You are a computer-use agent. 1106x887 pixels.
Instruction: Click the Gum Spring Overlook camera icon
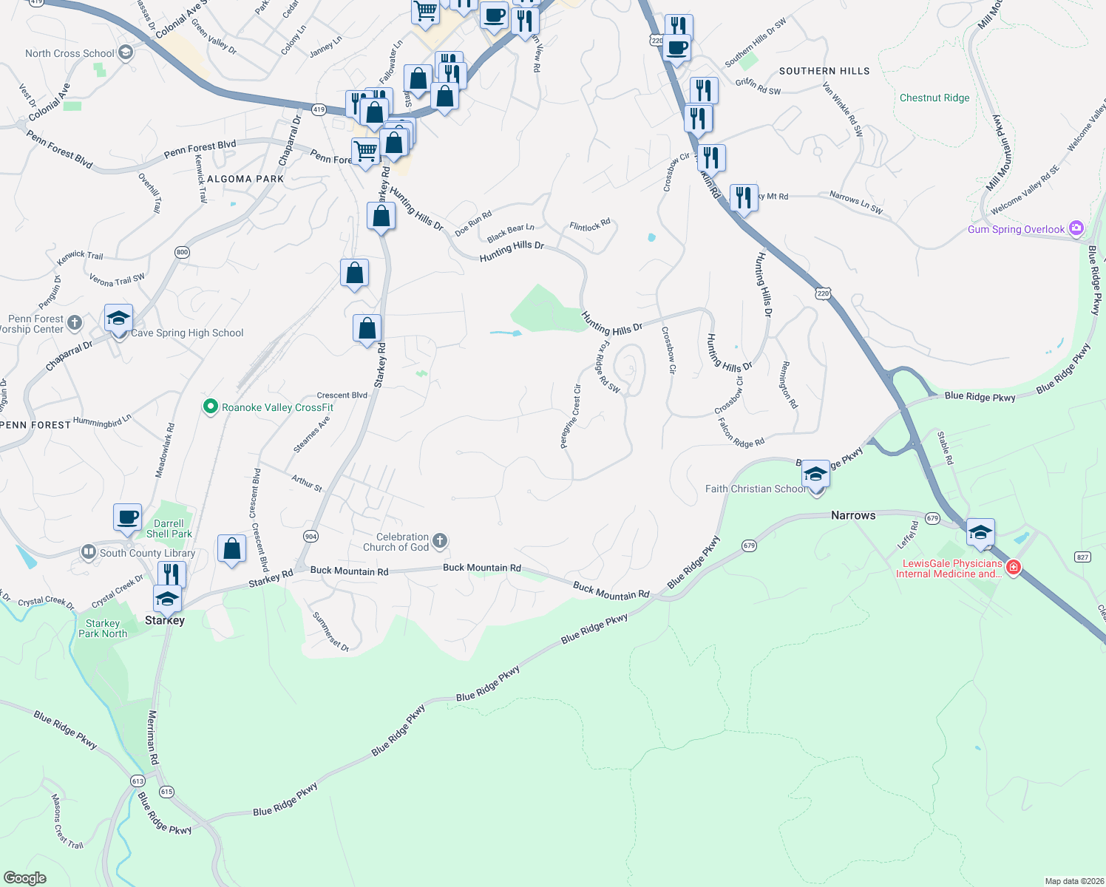point(1076,228)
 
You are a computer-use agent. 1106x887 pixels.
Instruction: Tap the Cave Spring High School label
point(187,333)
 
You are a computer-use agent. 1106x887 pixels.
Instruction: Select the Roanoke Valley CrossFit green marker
point(211,407)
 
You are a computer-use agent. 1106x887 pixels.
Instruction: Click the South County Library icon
point(89,552)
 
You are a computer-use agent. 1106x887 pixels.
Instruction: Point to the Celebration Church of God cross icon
point(440,541)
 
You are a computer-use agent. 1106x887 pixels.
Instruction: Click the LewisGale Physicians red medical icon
point(1014,568)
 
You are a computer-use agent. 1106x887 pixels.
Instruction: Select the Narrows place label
point(853,515)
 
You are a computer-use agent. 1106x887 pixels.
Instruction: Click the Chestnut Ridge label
point(934,98)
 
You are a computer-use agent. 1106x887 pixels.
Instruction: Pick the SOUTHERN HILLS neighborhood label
point(824,71)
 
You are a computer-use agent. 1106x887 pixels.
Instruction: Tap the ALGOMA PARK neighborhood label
point(245,179)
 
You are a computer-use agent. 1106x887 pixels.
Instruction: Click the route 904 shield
point(311,536)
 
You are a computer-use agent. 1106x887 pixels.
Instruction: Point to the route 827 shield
point(1083,557)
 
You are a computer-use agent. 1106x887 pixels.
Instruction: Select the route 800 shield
point(183,252)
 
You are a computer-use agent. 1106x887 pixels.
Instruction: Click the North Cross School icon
point(125,52)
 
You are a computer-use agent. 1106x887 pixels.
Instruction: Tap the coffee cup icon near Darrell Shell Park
point(128,517)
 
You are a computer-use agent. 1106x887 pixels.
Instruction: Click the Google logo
point(25,877)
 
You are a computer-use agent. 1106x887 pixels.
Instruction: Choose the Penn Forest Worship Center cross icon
point(75,322)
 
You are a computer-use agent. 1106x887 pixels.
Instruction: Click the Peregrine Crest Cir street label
point(570,417)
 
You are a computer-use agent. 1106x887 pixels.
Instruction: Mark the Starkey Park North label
point(103,628)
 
